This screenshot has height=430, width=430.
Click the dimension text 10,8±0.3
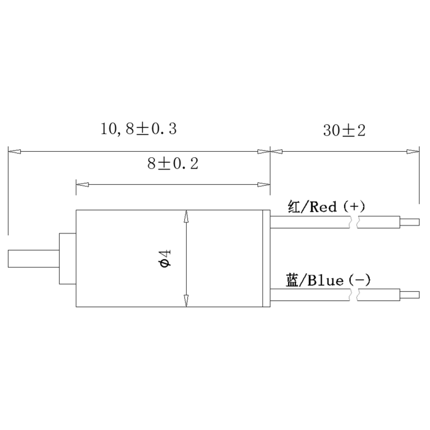(139, 129)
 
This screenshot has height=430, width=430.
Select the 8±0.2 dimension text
(173, 164)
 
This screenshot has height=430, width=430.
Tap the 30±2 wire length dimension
(344, 130)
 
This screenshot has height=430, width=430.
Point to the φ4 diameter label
(165, 258)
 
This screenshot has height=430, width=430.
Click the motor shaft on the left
(34, 259)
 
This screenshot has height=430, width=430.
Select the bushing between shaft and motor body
(68, 259)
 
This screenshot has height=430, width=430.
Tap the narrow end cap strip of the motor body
(266, 259)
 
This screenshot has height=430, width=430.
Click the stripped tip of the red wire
(410, 222)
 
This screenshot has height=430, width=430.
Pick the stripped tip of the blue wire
(410, 295)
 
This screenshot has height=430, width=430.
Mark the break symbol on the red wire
(354, 222)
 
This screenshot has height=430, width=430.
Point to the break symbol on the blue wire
(354, 295)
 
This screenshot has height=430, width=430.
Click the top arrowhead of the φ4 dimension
(186, 216)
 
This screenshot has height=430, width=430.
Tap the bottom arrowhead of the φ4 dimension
(186, 301)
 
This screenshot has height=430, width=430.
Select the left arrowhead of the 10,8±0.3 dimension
(14, 151)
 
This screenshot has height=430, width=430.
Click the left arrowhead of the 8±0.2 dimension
(82, 184)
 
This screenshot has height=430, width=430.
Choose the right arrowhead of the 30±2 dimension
(413, 151)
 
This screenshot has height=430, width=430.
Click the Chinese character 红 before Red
(294, 206)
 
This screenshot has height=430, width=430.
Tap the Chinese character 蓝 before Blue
(292, 280)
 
